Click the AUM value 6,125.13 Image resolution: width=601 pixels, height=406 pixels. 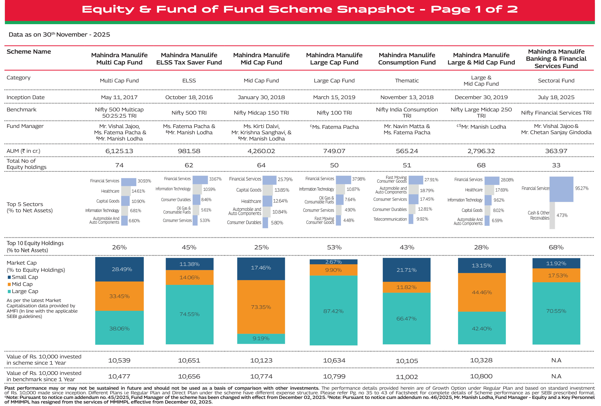click(119, 151)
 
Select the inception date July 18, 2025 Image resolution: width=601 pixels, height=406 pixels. click(556, 97)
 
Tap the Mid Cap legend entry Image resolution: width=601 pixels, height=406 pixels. click(22, 284)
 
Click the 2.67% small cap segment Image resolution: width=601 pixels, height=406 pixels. click(333, 262)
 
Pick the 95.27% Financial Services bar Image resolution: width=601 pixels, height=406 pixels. click(561, 189)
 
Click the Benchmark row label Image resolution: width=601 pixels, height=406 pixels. click(22, 110)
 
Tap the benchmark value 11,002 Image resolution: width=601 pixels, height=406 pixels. click(407, 377)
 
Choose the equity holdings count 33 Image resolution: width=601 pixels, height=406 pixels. click(556, 165)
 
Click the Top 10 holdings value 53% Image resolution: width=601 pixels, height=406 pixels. click(334, 247)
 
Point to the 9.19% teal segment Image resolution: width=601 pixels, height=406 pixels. click(261, 338)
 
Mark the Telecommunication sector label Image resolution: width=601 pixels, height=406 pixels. click(390, 219)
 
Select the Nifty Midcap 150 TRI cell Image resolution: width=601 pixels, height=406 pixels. click(261, 113)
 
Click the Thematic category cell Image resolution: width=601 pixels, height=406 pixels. click(407, 81)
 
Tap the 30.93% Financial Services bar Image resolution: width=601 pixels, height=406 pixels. click(129, 182)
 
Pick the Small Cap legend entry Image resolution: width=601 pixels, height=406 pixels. click(25, 277)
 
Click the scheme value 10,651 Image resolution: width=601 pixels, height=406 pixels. click(189, 360)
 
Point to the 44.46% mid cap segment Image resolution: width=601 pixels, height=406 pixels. click(482, 292)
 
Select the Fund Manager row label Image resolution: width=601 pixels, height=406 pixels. click(25, 126)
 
